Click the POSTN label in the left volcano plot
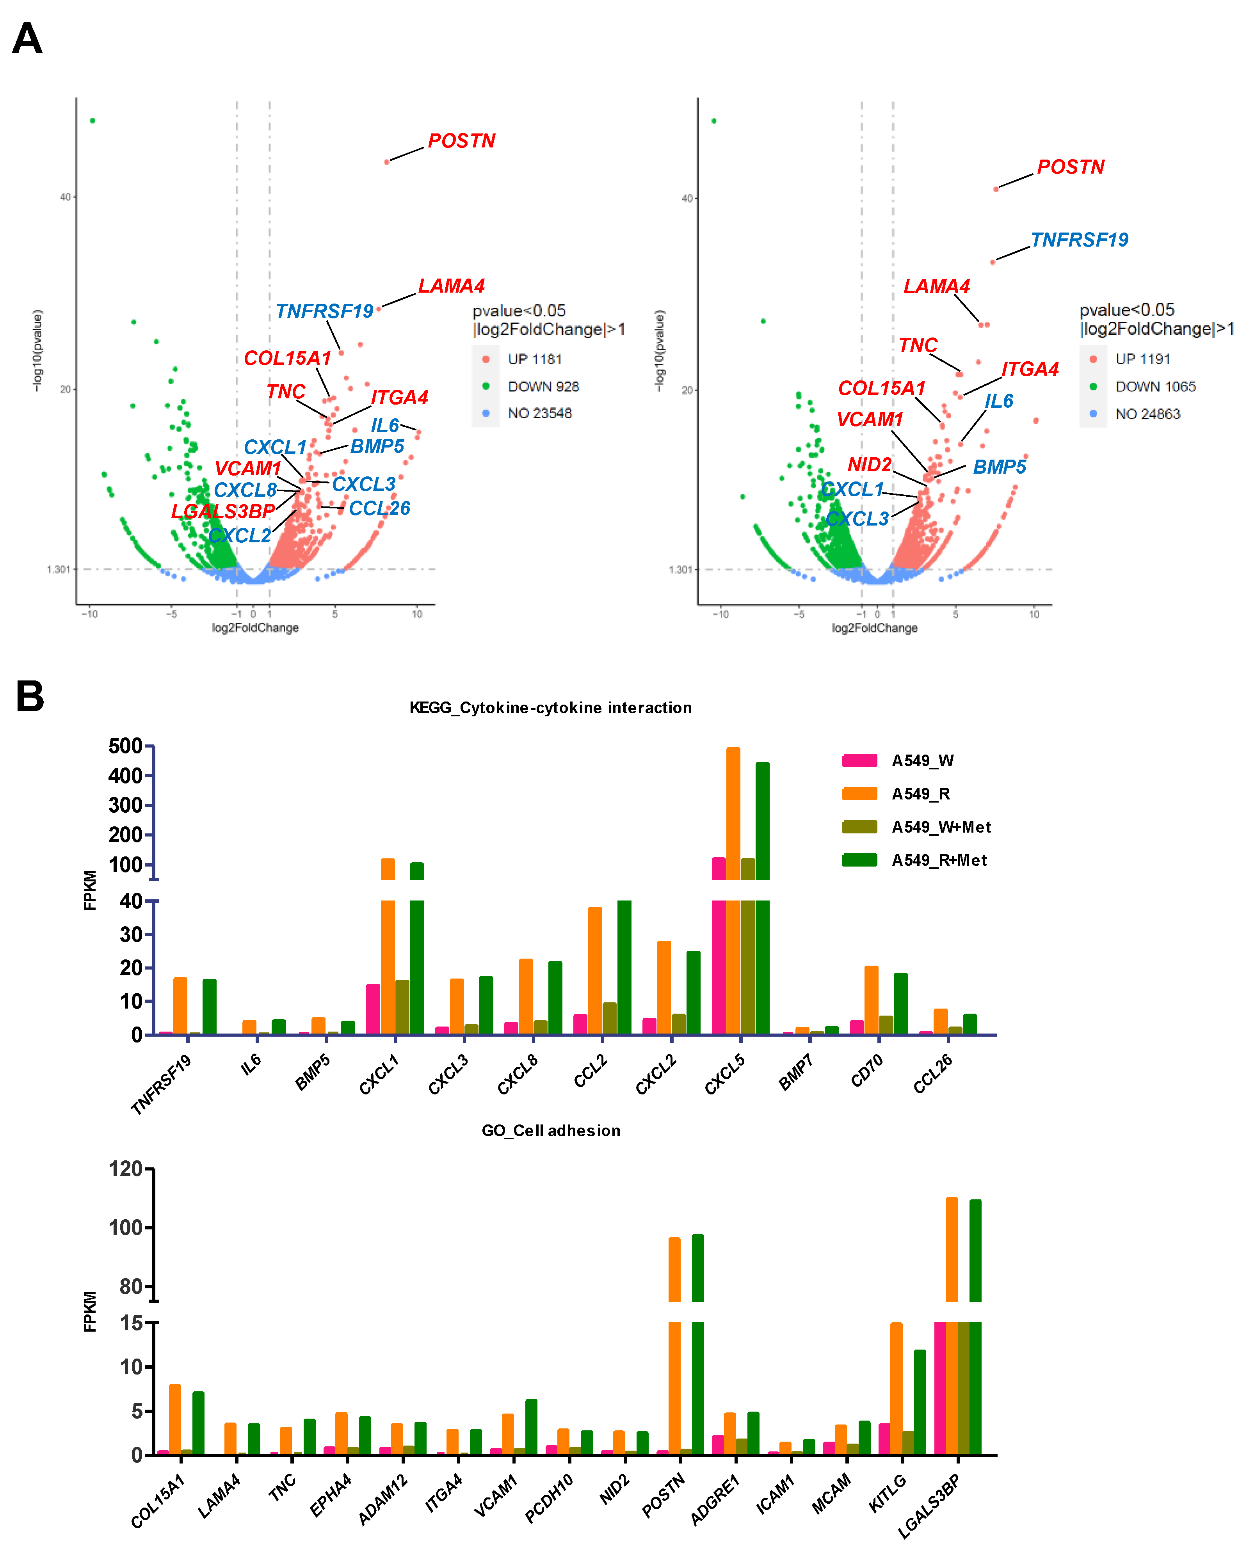pyautogui.click(x=461, y=141)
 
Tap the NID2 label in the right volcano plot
pyautogui.click(x=869, y=465)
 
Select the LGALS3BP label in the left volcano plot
pyautogui.click(x=223, y=512)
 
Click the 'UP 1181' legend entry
pyautogui.click(x=534, y=359)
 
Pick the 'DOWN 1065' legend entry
pyautogui.click(x=1154, y=386)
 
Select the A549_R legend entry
pyautogui.click(x=920, y=794)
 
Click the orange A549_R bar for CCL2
pyautogui.click(x=595, y=970)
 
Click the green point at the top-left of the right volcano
pyautogui.click(x=713, y=121)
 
